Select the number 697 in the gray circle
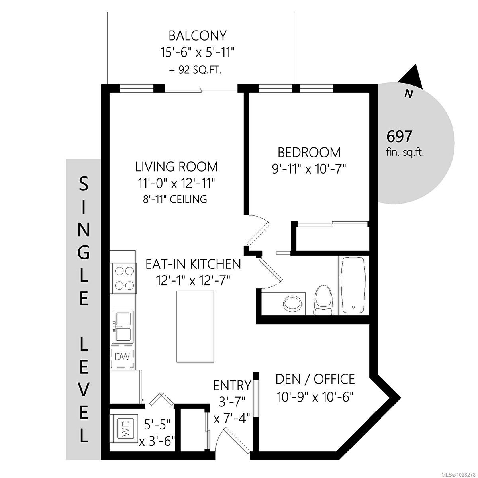coord(400,137)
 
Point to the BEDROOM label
coord(309,152)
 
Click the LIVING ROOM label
coord(176,166)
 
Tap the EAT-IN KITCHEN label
coord(193,264)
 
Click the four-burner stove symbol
coord(124,278)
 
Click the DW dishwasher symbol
coord(122,357)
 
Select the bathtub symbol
coord(353,285)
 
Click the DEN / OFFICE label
coord(315,378)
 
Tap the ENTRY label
coord(232,386)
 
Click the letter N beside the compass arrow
coord(408,94)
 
